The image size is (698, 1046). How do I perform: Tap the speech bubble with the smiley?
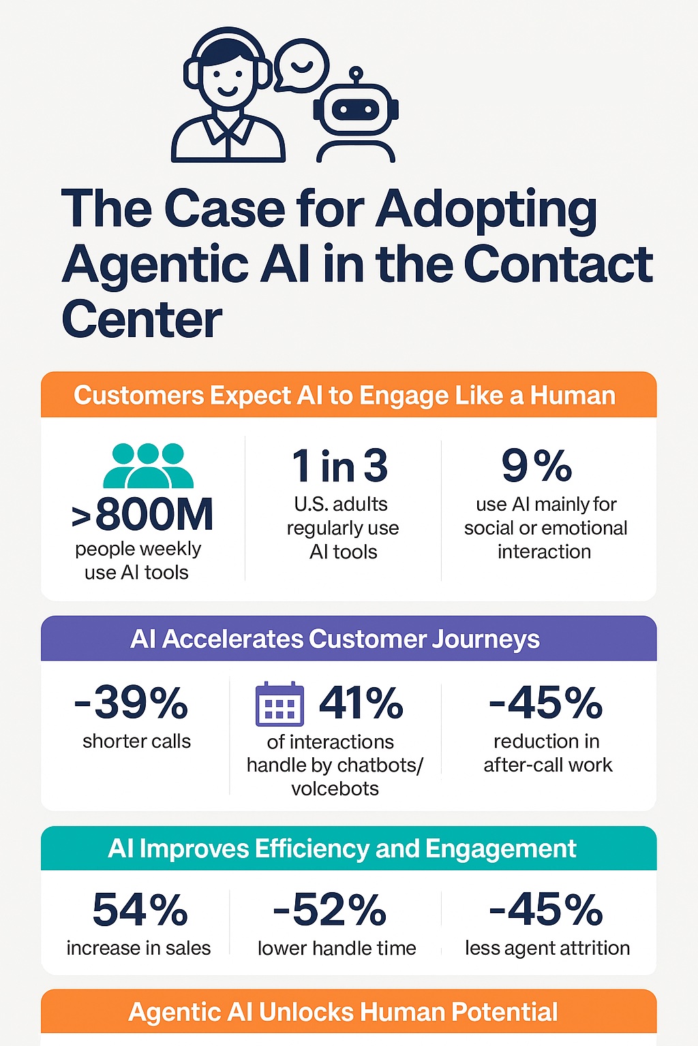(x=301, y=65)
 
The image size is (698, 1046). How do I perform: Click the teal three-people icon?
(x=148, y=466)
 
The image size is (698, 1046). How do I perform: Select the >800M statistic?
(x=143, y=515)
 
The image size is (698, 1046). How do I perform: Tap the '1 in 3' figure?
(x=340, y=466)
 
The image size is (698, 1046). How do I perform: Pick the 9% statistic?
(x=537, y=466)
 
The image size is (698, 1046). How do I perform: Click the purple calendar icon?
(x=279, y=704)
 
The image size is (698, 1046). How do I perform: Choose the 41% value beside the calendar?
(x=361, y=703)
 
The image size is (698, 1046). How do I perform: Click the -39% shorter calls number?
(x=131, y=703)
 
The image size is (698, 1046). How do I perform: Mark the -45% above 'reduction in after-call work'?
(x=546, y=703)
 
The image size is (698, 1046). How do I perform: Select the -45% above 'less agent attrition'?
(x=546, y=910)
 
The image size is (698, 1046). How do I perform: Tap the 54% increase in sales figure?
(x=140, y=910)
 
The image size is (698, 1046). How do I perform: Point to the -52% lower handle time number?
(x=330, y=910)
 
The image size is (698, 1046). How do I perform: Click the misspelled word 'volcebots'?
(x=335, y=789)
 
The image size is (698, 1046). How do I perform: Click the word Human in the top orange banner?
(x=573, y=395)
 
